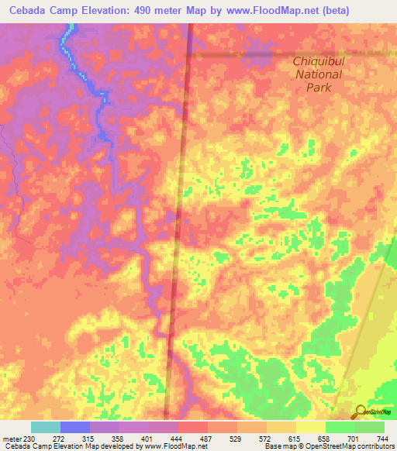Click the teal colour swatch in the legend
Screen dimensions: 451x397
[x=46, y=427]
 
